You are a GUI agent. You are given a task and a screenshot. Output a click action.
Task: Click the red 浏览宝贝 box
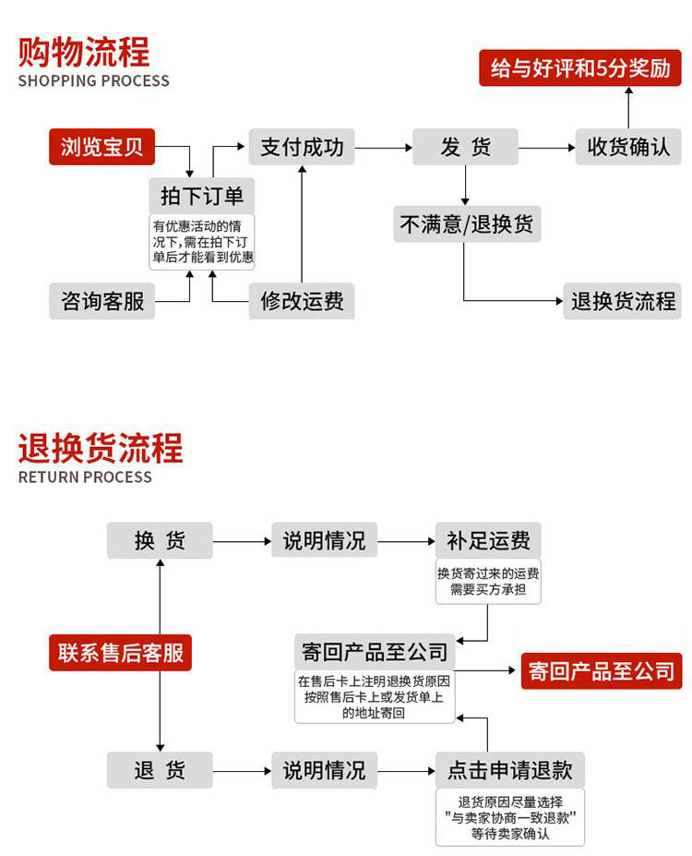click(x=101, y=147)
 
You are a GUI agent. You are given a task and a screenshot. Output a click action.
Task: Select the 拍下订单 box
click(x=201, y=196)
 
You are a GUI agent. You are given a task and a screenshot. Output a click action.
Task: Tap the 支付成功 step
click(x=301, y=147)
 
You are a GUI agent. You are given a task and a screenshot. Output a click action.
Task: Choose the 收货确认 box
click(x=628, y=147)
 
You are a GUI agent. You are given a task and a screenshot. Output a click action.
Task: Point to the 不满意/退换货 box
click(x=465, y=223)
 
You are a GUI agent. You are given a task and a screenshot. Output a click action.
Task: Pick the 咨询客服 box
click(x=101, y=301)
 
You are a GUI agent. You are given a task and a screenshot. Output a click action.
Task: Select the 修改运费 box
click(x=301, y=301)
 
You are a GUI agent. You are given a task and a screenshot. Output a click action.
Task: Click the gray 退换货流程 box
click(x=622, y=301)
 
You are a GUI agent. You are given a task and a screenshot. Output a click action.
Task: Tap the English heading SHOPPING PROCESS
click(x=93, y=80)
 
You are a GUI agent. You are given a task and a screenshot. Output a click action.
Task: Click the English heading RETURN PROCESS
click(x=85, y=477)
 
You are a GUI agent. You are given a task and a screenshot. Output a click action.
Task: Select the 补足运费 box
click(x=488, y=541)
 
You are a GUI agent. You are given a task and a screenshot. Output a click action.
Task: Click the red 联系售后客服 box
click(x=120, y=653)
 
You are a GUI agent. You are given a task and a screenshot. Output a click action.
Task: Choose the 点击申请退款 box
click(x=509, y=770)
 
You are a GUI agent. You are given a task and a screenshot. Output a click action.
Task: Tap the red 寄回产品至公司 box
click(x=601, y=671)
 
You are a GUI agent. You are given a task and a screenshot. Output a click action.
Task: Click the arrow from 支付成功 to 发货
click(x=383, y=148)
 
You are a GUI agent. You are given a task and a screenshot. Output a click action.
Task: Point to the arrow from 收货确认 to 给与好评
click(x=628, y=107)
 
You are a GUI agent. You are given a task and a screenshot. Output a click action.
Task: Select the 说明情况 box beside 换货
click(x=324, y=541)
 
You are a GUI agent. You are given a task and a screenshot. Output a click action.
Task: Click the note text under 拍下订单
click(x=201, y=241)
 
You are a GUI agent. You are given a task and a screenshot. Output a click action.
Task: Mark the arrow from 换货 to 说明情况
click(x=242, y=541)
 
